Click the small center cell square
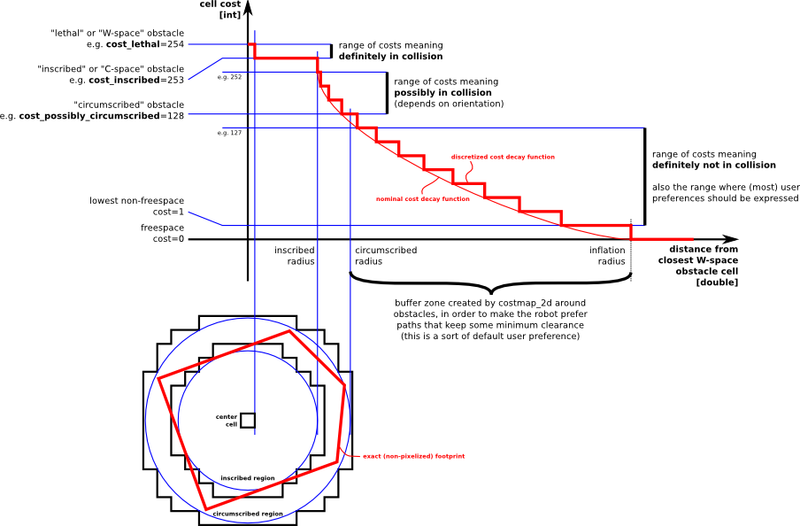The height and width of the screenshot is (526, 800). point(248,420)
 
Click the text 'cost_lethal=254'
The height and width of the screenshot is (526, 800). point(145,44)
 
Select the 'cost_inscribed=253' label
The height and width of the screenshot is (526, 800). point(136,80)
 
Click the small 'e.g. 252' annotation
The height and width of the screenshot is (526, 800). point(229,77)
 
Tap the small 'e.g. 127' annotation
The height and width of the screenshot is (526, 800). point(229,133)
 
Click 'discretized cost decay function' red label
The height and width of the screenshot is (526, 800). point(503,157)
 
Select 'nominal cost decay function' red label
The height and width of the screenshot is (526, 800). point(423,199)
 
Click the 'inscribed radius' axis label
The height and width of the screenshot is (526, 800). point(295,256)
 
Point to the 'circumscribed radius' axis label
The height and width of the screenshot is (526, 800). point(386,256)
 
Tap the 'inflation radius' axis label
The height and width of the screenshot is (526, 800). point(608,256)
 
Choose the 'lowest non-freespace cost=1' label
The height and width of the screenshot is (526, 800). point(137,206)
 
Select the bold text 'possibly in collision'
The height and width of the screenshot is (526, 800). point(442,92)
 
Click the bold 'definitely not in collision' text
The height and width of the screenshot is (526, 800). point(714,166)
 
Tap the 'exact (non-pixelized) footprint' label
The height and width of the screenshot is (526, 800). point(413,456)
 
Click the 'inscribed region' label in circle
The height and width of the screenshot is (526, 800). point(248,478)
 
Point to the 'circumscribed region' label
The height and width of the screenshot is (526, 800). point(248,514)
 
